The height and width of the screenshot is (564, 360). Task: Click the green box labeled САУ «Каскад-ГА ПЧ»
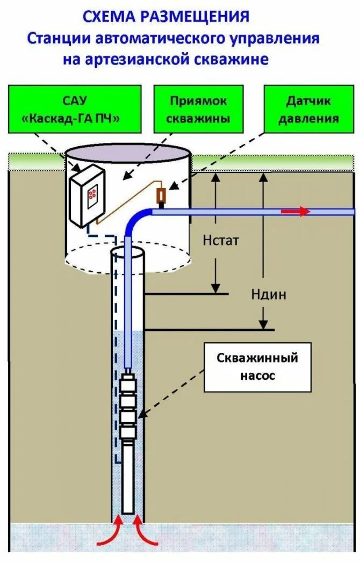click(75, 109)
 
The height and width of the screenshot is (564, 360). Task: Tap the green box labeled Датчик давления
click(308, 109)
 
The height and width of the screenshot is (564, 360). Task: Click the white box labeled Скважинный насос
click(257, 367)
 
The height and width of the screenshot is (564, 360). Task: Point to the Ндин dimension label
click(269, 294)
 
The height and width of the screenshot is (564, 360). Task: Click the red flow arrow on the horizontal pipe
click(296, 211)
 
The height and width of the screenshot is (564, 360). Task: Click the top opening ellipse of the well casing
click(128, 252)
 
